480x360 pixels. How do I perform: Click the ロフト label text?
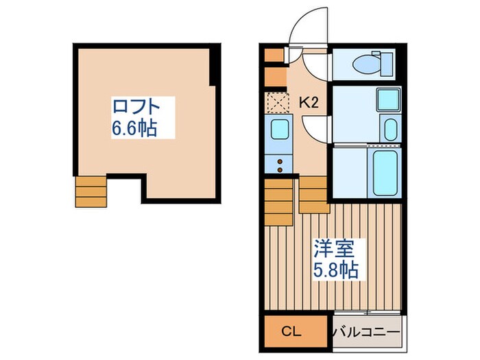point(136,107)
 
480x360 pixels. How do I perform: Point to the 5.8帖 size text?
point(335,269)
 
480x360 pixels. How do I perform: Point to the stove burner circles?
point(280,163)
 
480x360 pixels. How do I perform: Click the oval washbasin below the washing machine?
point(389,129)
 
